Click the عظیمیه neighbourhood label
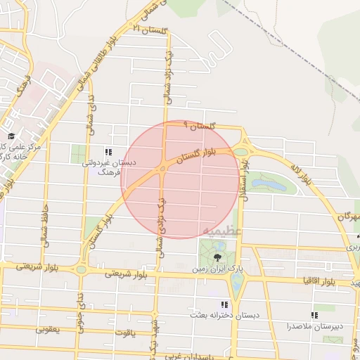[x=224, y=230]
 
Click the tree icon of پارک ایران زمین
[x=216, y=256]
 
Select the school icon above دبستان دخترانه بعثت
[x=224, y=304]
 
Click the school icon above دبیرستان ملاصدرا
[x=314, y=315]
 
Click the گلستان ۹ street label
[x=198, y=125]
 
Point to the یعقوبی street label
[x=49, y=328]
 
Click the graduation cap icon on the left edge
[x=11, y=136]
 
